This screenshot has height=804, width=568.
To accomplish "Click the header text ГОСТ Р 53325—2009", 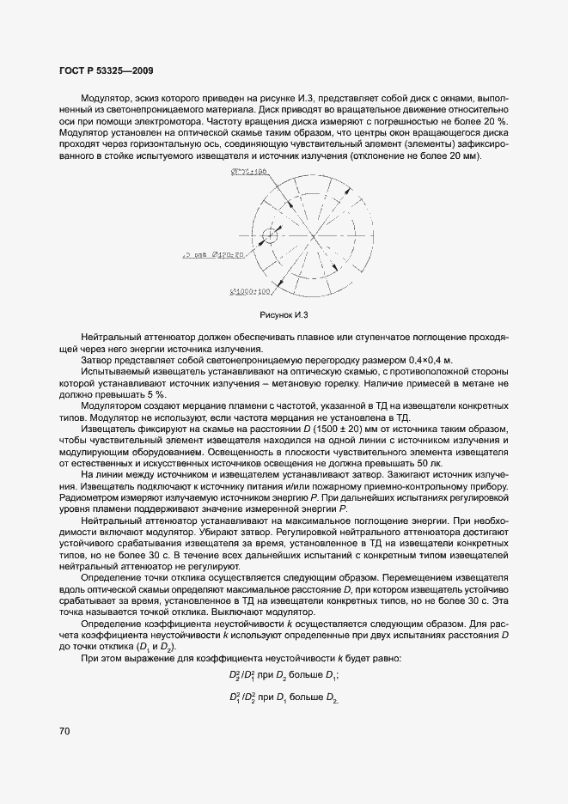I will click(x=107, y=71).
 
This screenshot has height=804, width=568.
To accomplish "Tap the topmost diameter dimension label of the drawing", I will click(x=250, y=172).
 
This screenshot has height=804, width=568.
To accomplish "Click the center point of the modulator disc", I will click(x=315, y=234).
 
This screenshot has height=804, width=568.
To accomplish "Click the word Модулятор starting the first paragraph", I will click(x=107, y=100).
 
